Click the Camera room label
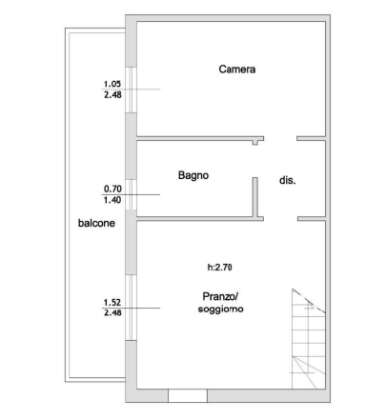[237, 70]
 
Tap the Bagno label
[193, 175]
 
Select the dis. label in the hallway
[287, 180]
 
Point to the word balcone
[96, 223]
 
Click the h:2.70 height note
[219, 268]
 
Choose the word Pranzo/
[220, 296]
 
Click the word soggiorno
[220, 309]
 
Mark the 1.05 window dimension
[112, 84]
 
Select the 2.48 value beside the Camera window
[112, 94]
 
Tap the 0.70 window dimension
[112, 189]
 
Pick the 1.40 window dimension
[112, 200]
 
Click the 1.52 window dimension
[112, 302]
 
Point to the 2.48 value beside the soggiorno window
[112, 312]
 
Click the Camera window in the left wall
[131, 90]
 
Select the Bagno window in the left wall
[131, 194]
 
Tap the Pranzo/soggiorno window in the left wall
[131, 308]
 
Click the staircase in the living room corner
[309, 339]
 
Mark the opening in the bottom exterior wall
[188, 395]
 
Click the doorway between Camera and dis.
[280, 138]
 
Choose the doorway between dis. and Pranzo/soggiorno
[280, 219]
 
